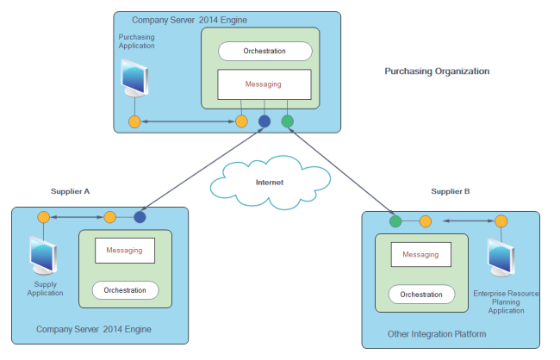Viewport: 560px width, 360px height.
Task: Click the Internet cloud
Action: click(x=269, y=182)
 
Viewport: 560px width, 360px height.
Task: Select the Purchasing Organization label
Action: click(x=437, y=71)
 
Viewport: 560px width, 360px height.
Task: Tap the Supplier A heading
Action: click(x=70, y=190)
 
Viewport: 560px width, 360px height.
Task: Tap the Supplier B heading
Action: click(x=450, y=190)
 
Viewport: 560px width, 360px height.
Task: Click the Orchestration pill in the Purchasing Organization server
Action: click(x=264, y=51)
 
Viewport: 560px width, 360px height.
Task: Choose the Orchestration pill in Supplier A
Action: click(x=125, y=290)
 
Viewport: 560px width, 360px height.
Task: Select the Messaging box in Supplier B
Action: click(x=420, y=255)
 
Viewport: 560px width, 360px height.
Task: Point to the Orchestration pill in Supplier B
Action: click(x=420, y=295)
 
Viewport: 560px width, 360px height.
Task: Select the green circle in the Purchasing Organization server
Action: click(x=288, y=121)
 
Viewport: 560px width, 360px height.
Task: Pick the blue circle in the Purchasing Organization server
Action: click(x=264, y=121)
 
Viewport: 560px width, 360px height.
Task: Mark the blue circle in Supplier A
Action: click(x=140, y=217)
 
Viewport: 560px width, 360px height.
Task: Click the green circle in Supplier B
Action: click(x=395, y=221)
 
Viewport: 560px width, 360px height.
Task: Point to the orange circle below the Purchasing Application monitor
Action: click(x=134, y=121)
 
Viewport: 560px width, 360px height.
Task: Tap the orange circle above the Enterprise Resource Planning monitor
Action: click(x=501, y=221)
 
